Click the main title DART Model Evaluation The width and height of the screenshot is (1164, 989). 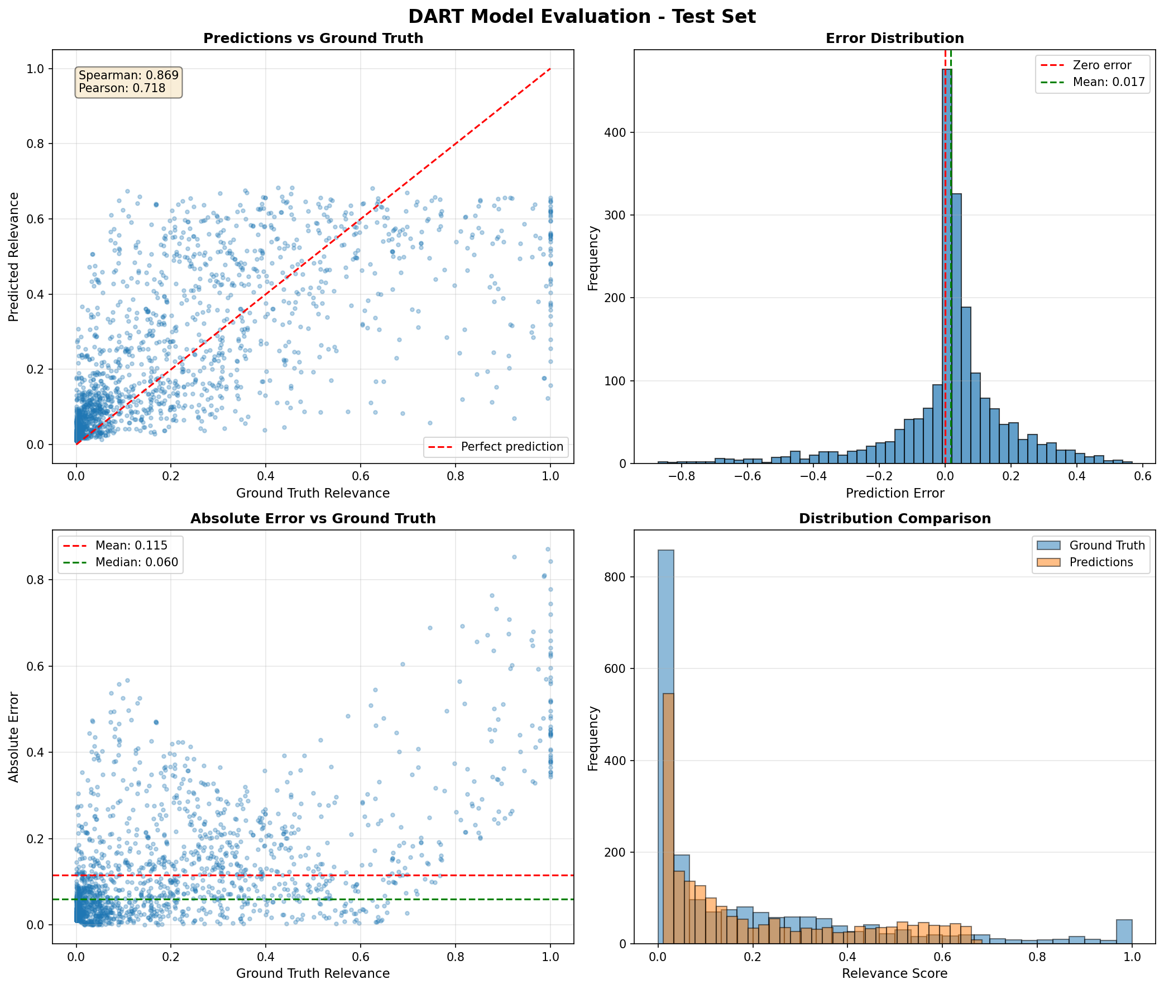coord(582,17)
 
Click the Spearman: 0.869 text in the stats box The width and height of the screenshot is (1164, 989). coord(128,75)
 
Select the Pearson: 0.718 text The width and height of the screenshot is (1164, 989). coord(122,88)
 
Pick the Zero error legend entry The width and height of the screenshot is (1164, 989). coord(1102,65)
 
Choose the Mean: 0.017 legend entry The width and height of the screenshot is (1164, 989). coord(1109,82)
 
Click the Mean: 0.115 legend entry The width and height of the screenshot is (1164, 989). coord(131,546)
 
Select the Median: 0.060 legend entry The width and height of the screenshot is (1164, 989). coord(137,562)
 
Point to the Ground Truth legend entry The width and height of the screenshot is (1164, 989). coord(1107,546)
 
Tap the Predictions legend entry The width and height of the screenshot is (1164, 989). coord(1101,562)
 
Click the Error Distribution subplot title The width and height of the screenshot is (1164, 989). coord(894,39)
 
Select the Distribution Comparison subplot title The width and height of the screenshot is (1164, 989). coord(894,519)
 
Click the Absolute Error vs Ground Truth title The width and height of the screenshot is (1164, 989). coord(313,519)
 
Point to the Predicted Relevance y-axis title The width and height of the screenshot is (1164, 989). coord(14,257)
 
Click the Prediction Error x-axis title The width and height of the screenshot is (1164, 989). coord(894,493)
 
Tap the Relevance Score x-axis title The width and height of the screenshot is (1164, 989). coord(894,973)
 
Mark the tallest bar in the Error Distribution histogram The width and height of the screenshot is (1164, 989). coord(947,266)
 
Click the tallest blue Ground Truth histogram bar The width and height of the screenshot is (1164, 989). coord(666,746)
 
